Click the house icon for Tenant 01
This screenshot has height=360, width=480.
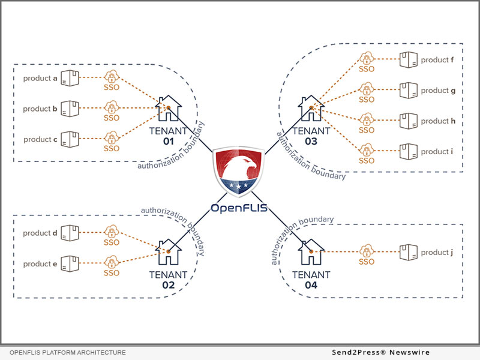pos(169,109)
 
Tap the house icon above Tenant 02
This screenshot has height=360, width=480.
pos(168,253)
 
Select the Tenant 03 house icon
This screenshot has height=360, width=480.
pos(311,109)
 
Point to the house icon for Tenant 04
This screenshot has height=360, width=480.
pos(311,253)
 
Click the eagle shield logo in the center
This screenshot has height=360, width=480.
pos(239,169)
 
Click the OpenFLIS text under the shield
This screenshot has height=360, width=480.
pos(239,208)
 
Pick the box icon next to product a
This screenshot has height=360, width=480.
pos(71,78)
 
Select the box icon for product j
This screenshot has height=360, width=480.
pos(409,252)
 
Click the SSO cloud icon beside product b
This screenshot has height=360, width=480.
pos(111,108)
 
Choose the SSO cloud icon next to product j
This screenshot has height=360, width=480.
pos(367,251)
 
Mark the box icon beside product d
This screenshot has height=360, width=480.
pos(71,233)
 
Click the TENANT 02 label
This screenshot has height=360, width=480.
pos(168,280)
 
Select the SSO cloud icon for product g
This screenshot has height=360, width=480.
pos(367,89)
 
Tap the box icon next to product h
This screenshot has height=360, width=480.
pos(409,121)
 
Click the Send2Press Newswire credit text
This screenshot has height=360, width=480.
pos(390,352)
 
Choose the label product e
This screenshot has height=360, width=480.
pos(40,264)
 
